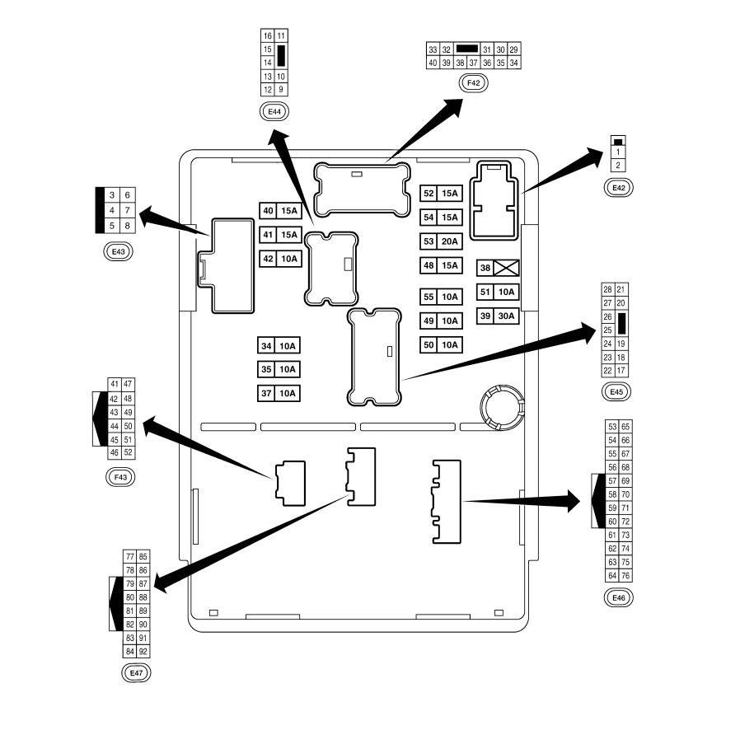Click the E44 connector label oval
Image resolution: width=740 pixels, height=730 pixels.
pyautogui.click(x=274, y=112)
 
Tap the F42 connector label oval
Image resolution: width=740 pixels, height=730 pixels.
pyautogui.click(x=473, y=83)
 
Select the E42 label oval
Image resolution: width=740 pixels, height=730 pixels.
pyautogui.click(x=618, y=188)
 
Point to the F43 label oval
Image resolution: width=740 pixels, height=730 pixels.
pyautogui.click(x=120, y=477)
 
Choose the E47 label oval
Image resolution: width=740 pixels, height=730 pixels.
pyautogui.click(x=136, y=673)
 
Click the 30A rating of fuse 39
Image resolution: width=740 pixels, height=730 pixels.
pyautogui.click(x=507, y=316)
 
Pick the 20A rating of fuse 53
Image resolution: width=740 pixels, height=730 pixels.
pyautogui.click(x=450, y=241)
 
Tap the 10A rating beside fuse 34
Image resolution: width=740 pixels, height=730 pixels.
pyautogui.click(x=288, y=346)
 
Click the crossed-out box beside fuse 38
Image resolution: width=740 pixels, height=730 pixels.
pyautogui.click(x=507, y=268)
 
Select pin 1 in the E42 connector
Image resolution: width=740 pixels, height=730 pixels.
pyautogui.click(x=618, y=152)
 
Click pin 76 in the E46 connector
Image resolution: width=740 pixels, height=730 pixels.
pyautogui.click(x=625, y=576)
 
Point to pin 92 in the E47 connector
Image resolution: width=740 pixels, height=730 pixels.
pyautogui.click(x=143, y=652)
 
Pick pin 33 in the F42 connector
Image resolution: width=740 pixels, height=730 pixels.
pyautogui.click(x=433, y=49)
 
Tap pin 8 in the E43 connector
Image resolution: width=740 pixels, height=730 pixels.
pyautogui.click(x=128, y=226)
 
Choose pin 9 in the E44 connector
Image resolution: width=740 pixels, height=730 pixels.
pyautogui.click(x=281, y=90)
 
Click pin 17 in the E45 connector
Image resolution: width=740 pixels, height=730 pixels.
pyautogui.click(x=621, y=371)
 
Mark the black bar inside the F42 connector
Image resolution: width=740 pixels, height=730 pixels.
pyautogui.click(x=467, y=49)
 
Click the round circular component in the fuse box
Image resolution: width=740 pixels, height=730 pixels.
pyautogui.click(x=502, y=407)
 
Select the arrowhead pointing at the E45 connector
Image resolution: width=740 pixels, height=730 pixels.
pyautogui.click(x=586, y=333)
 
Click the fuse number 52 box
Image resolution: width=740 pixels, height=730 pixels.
pyautogui.click(x=429, y=194)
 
